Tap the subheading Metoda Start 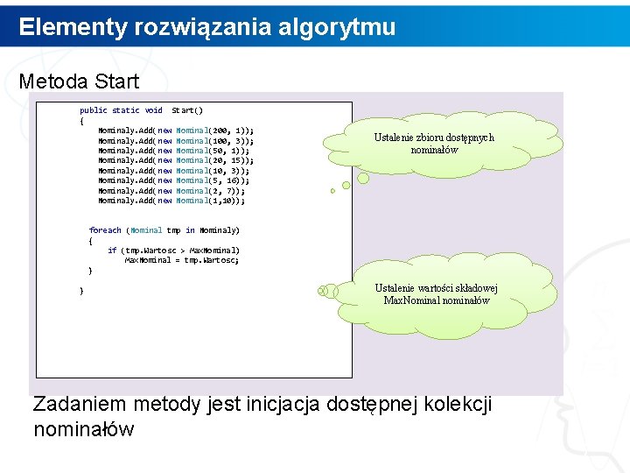pos(79,81)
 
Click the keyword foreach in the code pos(105,230)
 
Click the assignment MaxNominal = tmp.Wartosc pos(181,260)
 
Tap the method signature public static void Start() pos(141,110)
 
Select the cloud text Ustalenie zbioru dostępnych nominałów pos(434,144)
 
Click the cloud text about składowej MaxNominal pos(437,294)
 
